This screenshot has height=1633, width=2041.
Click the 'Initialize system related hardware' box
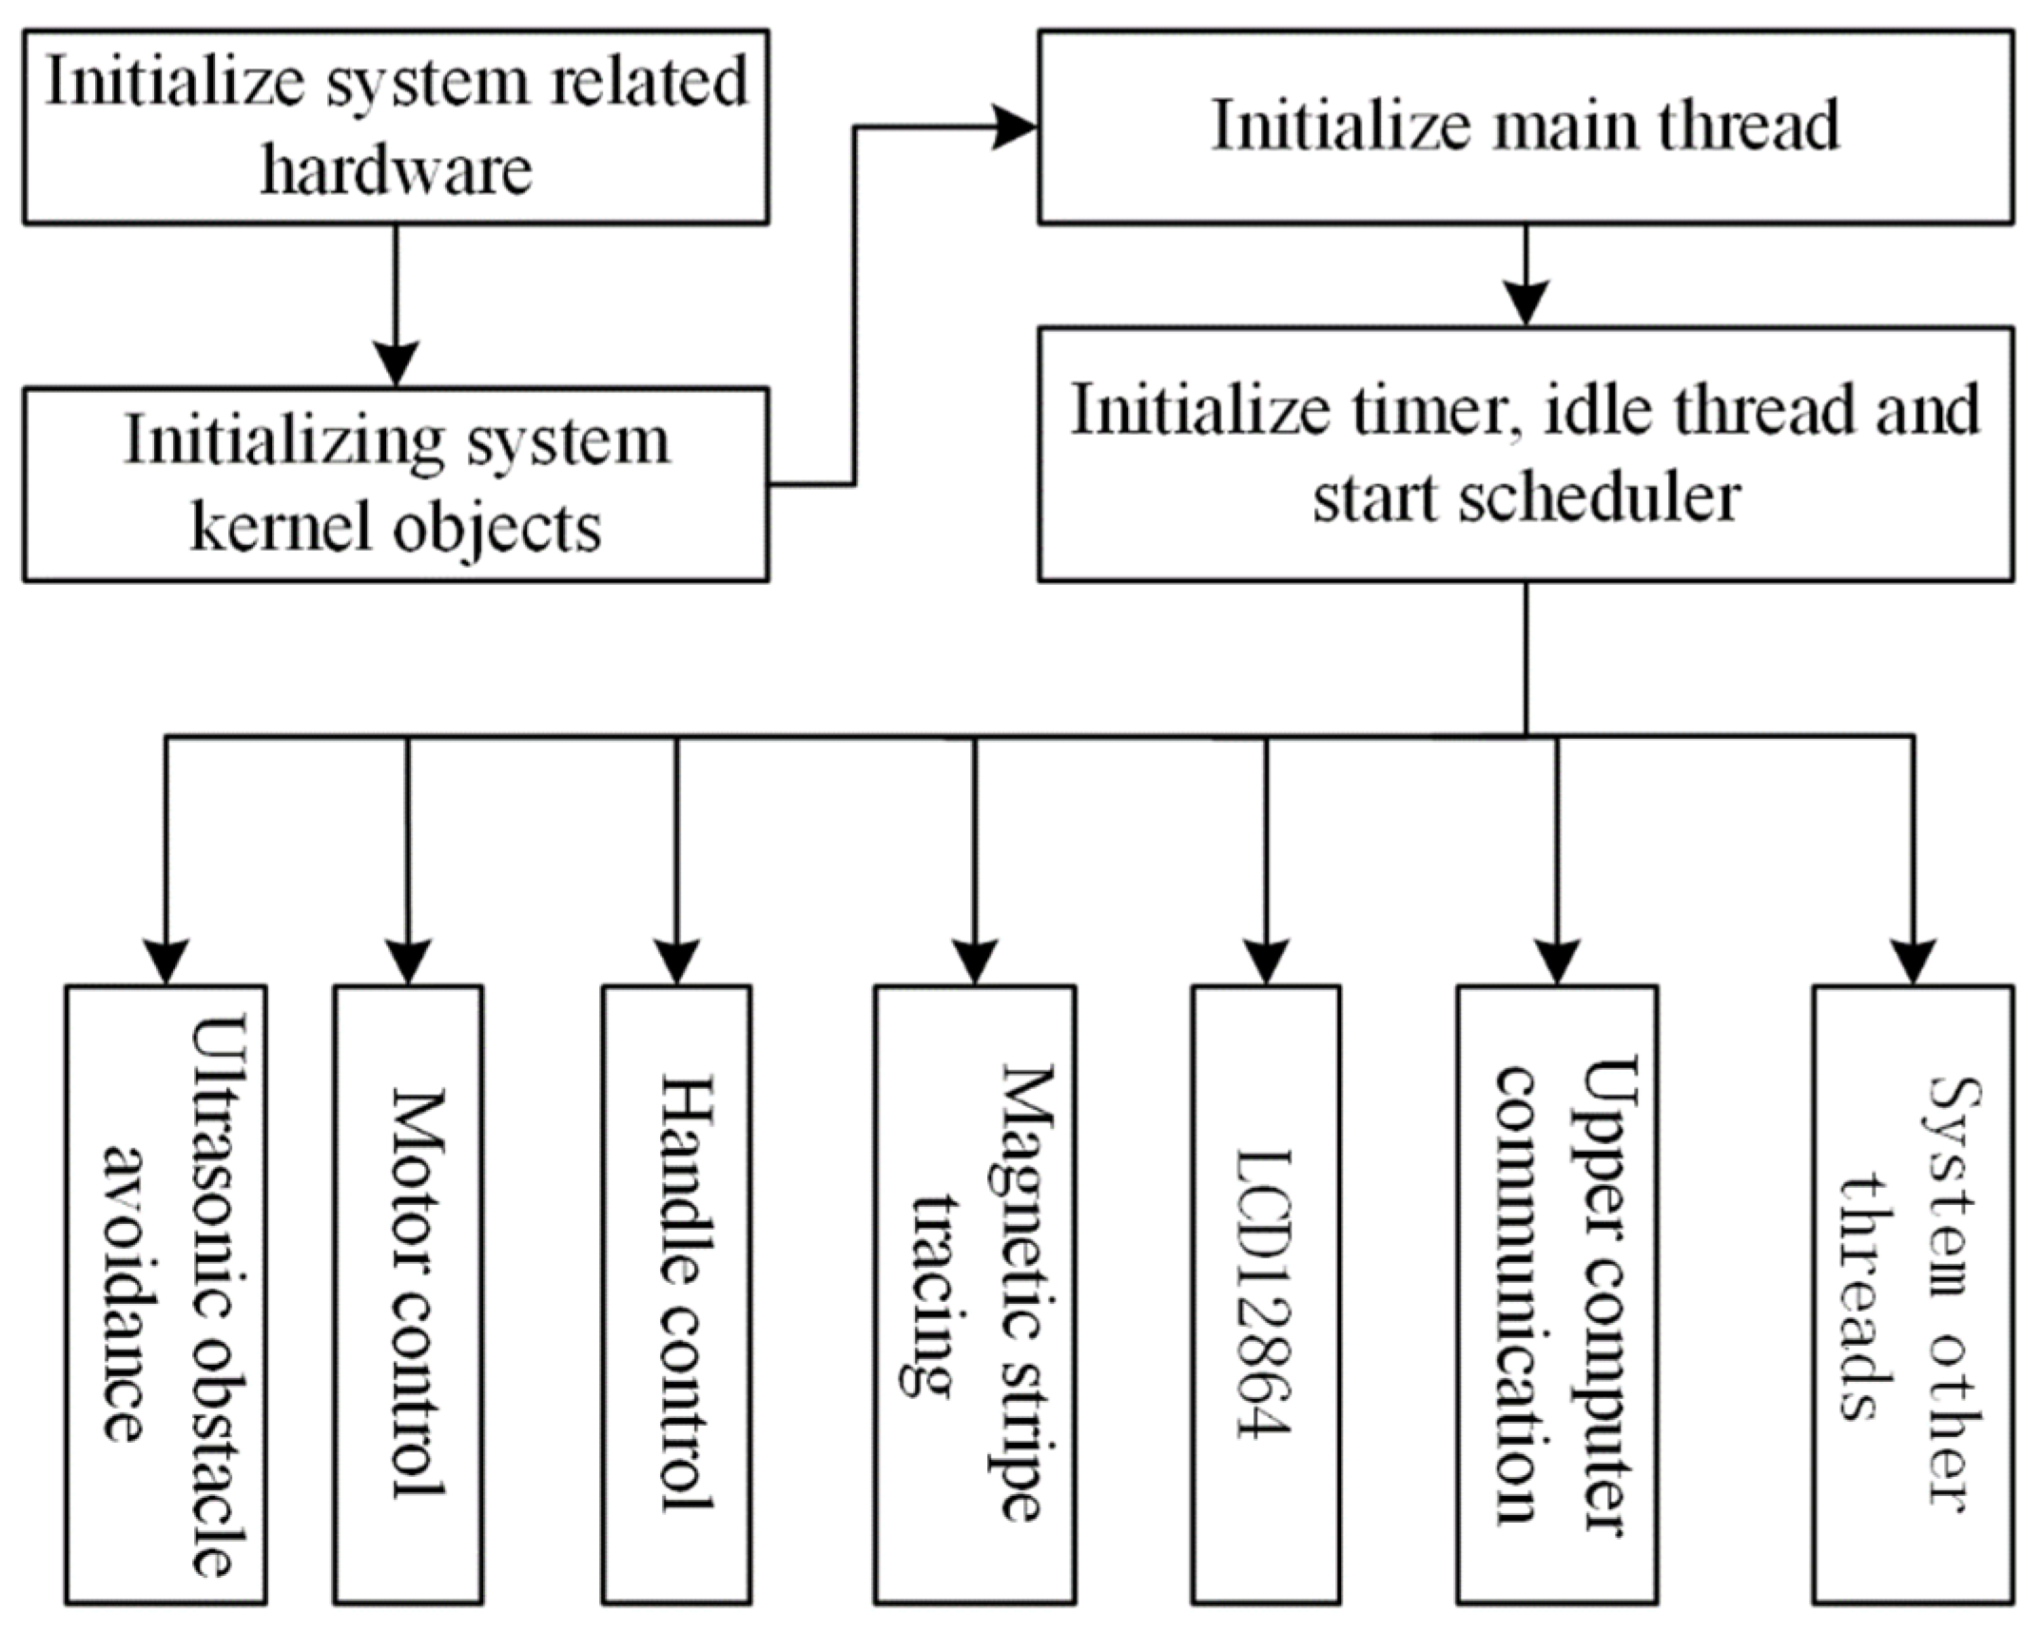click(396, 127)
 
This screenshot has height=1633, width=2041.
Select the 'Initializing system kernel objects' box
click(396, 484)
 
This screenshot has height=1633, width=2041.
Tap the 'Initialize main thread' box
click(1526, 127)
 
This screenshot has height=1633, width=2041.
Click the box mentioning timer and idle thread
click(1526, 454)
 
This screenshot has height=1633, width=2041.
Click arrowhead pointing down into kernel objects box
click(396, 364)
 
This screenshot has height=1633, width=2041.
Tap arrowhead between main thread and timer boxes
click(1526, 303)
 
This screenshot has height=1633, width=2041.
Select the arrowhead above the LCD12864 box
click(1266, 962)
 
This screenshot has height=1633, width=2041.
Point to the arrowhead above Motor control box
click(408, 962)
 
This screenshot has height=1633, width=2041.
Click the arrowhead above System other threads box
click(1913, 962)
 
